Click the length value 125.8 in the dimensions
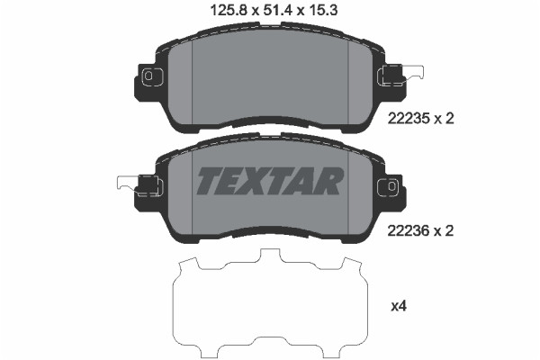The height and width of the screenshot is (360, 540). (x=229, y=10)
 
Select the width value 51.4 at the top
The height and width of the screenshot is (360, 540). (x=278, y=10)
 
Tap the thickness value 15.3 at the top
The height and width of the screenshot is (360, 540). (x=323, y=10)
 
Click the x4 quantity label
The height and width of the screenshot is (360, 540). (x=399, y=306)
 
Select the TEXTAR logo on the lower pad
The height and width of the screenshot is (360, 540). (x=270, y=181)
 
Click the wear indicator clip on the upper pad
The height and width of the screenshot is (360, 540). (x=401, y=75)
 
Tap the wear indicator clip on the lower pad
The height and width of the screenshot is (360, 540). (x=139, y=186)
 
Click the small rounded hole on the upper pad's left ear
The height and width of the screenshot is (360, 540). (x=148, y=76)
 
